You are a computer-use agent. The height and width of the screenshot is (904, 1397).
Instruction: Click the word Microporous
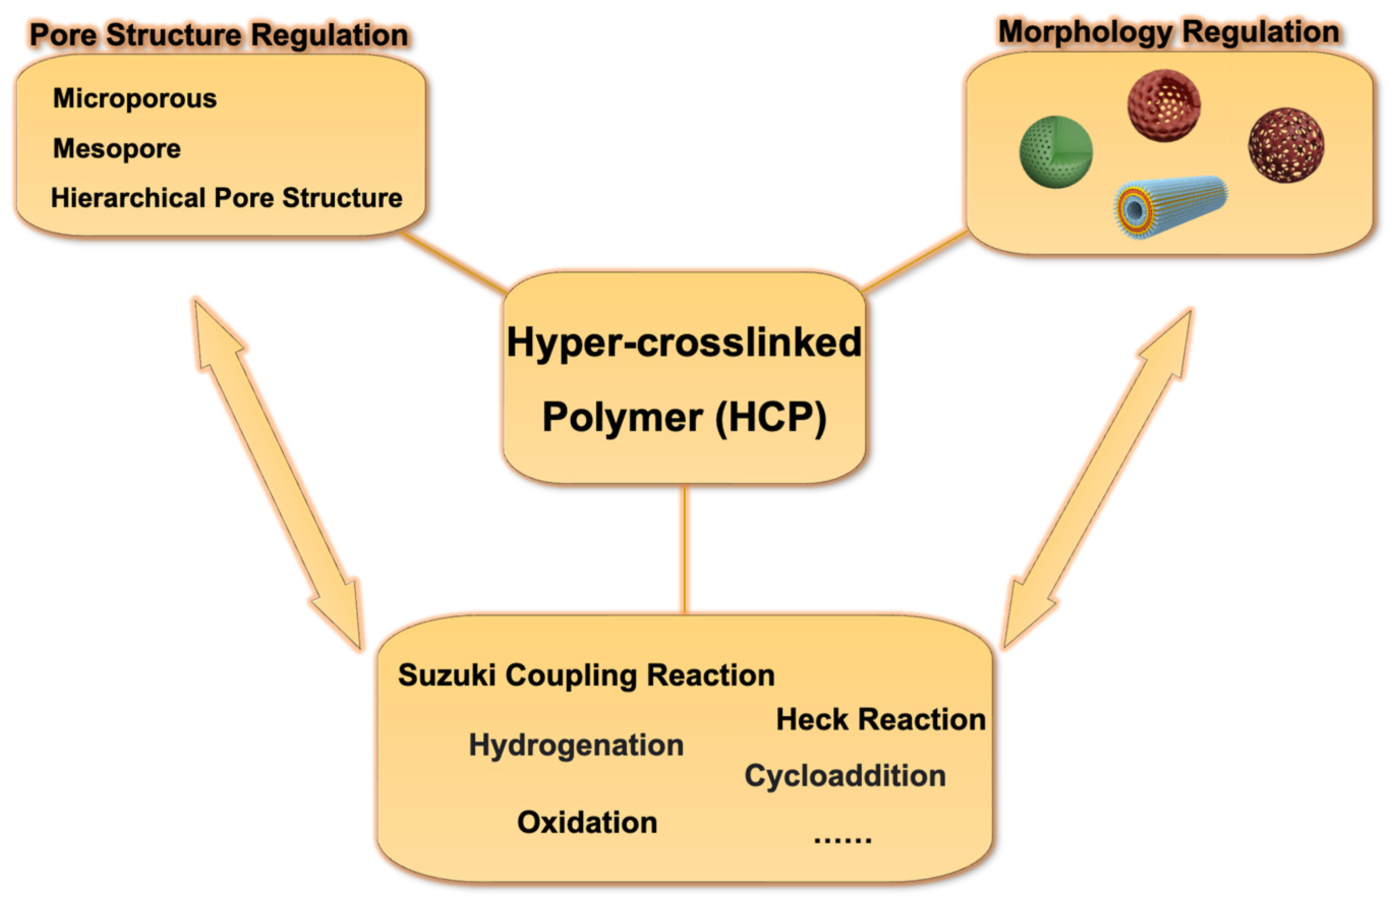pos(134,98)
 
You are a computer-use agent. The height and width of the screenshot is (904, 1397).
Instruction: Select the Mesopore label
pos(117,149)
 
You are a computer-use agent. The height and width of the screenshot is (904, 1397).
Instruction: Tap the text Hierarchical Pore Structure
pos(226,198)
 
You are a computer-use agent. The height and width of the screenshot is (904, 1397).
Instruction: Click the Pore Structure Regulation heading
pos(218,35)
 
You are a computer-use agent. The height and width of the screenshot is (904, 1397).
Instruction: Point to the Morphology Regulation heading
pos(1168,32)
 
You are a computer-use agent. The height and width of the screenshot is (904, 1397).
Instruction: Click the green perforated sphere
pos(1055,152)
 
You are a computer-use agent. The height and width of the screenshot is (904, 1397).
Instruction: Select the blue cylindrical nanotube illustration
pos(1169,207)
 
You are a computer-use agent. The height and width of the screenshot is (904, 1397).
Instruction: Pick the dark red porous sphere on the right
pos(1286,144)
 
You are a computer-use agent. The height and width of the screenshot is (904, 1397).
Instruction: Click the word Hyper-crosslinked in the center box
pos(684,342)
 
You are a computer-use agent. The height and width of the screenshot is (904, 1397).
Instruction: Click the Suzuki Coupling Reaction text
pos(586,675)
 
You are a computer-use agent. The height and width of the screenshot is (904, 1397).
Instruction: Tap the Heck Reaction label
pos(881,720)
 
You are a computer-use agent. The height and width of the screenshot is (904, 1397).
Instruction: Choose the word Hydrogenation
pos(576,745)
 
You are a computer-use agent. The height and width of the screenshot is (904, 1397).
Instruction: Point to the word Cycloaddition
pos(845,776)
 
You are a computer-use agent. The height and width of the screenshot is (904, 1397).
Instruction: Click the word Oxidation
pos(587,823)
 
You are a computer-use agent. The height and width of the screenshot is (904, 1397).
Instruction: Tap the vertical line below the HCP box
pos(684,549)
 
